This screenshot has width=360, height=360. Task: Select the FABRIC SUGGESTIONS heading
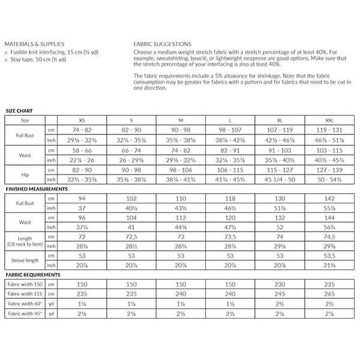click(163, 44)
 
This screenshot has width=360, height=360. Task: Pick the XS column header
click(82, 120)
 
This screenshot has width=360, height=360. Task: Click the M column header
click(181, 120)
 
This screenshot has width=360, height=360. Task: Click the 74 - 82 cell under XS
click(82, 130)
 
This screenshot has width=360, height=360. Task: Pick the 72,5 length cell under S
click(131, 237)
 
